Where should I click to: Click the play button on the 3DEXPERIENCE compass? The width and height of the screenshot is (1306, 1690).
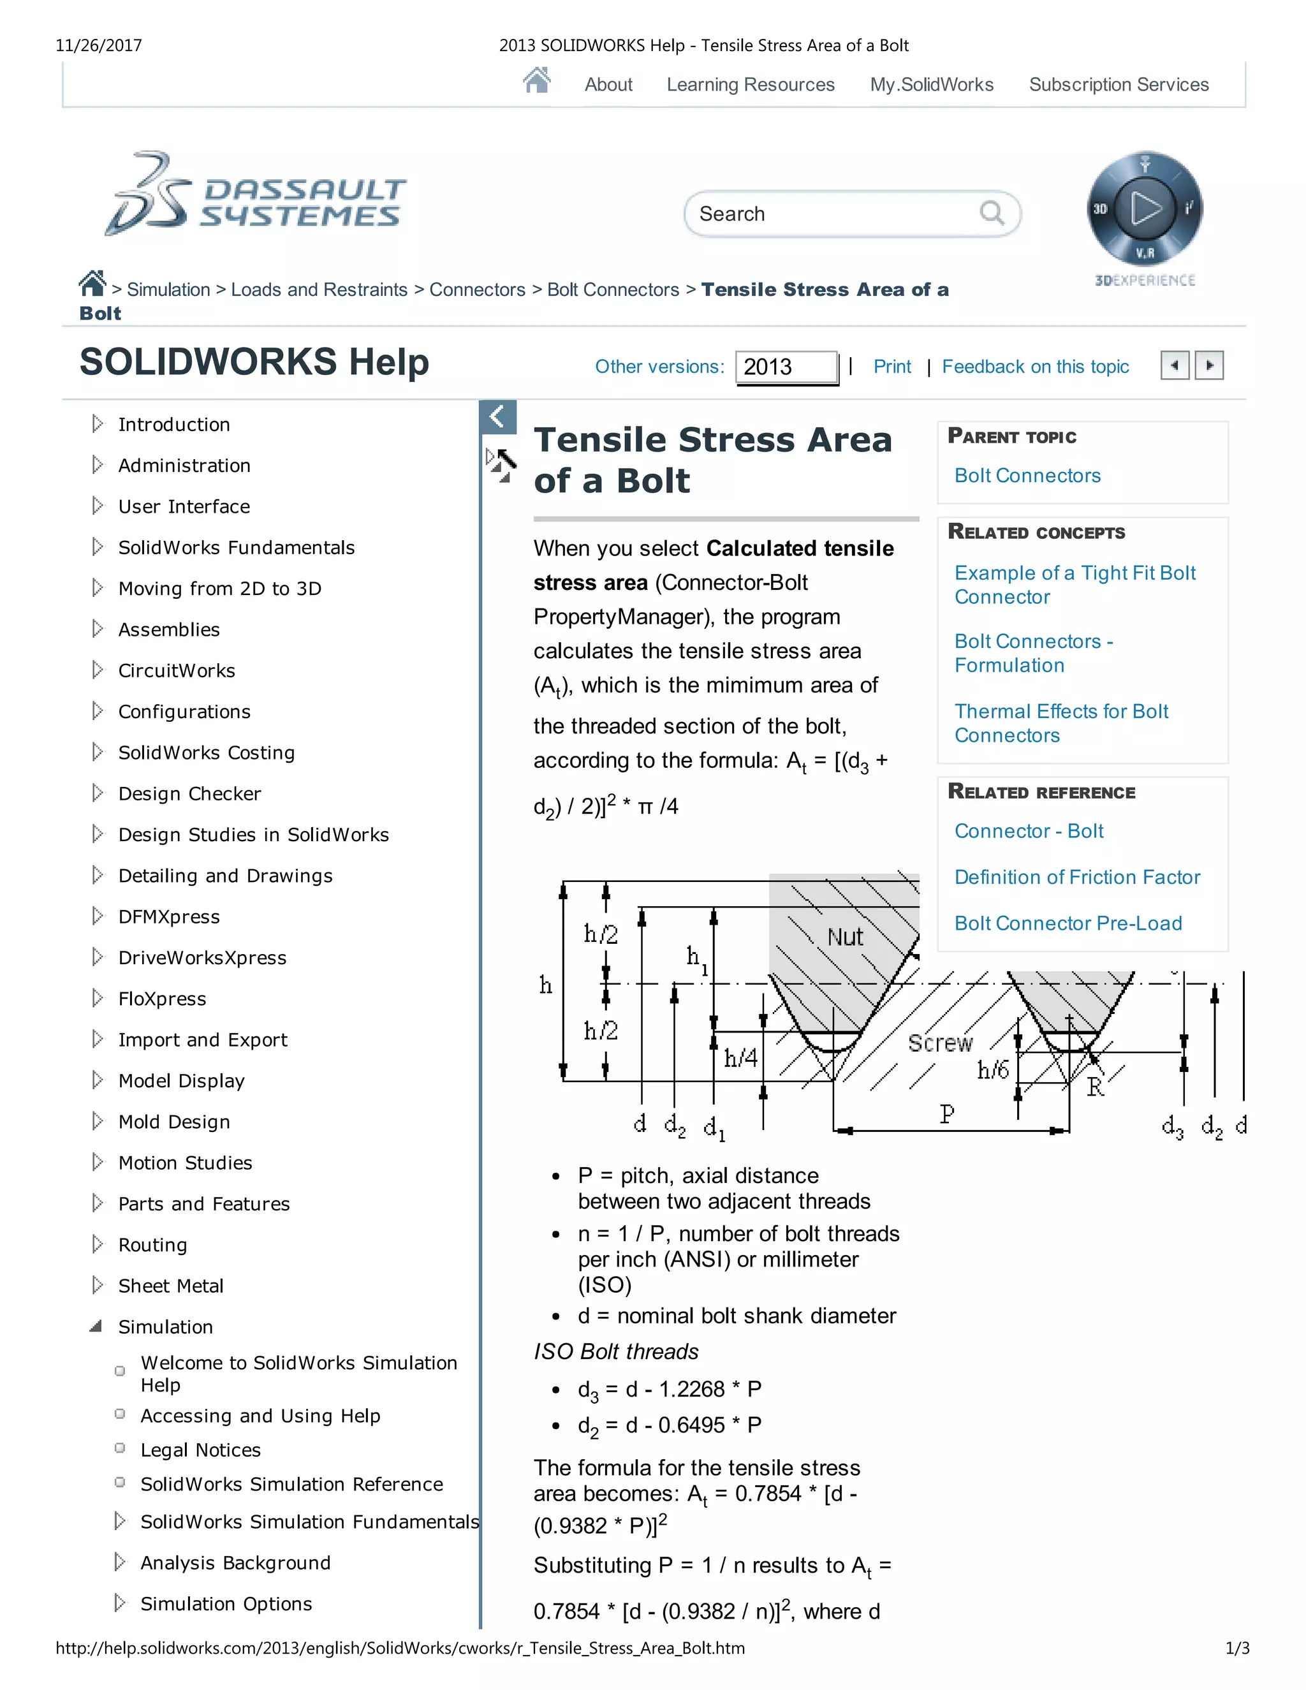click(x=1145, y=208)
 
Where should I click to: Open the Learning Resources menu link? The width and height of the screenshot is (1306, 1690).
click(x=750, y=84)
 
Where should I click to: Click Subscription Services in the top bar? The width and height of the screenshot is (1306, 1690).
click(x=1118, y=84)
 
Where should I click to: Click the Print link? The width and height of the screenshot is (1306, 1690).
click(x=891, y=367)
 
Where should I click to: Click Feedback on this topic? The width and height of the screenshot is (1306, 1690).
click(x=1034, y=367)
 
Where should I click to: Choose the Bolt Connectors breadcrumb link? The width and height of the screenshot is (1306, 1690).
click(x=613, y=290)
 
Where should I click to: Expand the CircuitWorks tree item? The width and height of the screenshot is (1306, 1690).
click(x=98, y=670)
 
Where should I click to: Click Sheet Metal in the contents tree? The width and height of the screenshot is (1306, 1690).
click(x=170, y=1285)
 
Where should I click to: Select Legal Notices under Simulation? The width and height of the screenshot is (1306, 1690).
click(x=200, y=1450)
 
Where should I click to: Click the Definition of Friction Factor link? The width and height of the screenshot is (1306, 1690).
click(x=1076, y=877)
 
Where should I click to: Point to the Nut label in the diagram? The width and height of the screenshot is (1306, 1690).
click(x=845, y=937)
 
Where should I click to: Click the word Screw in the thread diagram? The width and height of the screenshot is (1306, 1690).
click(x=939, y=1043)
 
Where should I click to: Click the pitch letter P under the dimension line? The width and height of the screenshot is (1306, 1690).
click(x=946, y=1114)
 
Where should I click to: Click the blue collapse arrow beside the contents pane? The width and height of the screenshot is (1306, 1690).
click(x=497, y=416)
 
